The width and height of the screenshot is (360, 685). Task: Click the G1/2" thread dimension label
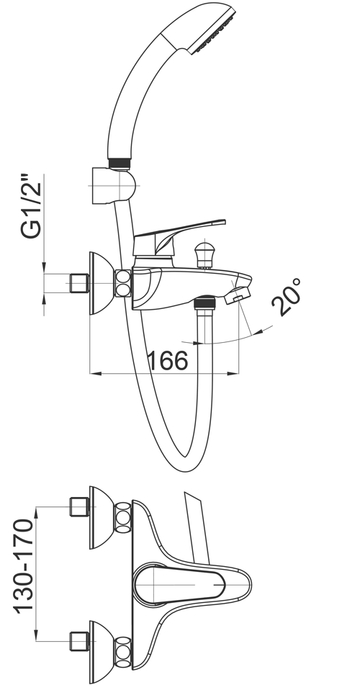click(x=32, y=207)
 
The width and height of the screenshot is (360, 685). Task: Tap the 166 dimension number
click(x=168, y=361)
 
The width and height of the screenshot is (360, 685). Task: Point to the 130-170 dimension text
click(x=24, y=566)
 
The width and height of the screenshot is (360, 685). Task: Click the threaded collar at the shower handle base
click(x=120, y=163)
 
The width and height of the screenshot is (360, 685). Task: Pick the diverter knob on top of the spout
click(x=205, y=255)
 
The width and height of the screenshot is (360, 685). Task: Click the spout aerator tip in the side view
click(x=238, y=295)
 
